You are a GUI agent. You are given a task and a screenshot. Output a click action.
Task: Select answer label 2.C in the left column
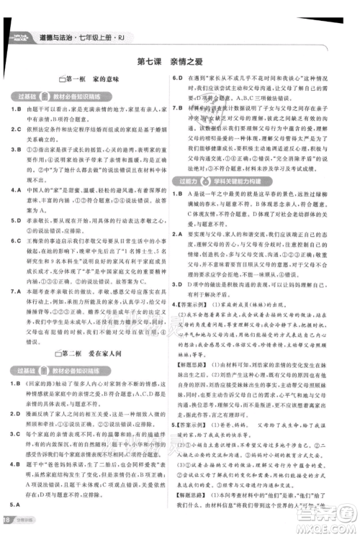point(19,130)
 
